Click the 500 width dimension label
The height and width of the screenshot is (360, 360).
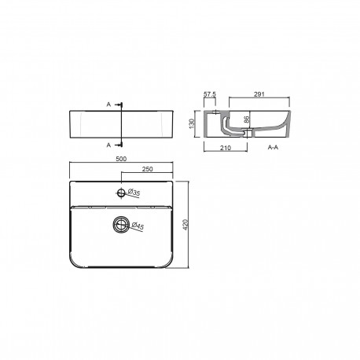[x=121, y=159]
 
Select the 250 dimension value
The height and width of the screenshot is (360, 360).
[x=147, y=169]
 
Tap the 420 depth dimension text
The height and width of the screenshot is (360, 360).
[x=186, y=225]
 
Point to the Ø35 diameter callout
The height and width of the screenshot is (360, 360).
[x=134, y=193]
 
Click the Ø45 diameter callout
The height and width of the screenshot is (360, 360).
[x=138, y=226]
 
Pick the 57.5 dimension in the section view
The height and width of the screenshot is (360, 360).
[x=210, y=94]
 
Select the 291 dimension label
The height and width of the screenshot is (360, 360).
[x=259, y=94]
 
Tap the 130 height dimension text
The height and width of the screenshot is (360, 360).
[x=192, y=123]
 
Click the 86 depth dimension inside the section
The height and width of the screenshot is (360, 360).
[x=247, y=119]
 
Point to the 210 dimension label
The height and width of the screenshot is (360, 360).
[x=226, y=148]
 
